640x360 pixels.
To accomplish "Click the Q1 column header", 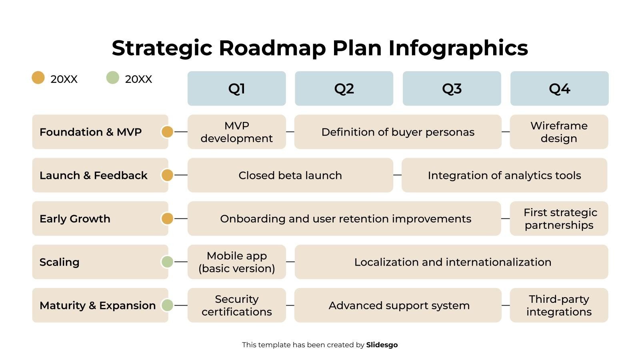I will pos(236,88).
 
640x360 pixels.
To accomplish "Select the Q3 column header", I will pos(452,88).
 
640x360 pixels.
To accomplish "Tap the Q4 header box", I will pos(559,88).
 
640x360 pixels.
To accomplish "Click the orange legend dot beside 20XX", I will pos(38,78).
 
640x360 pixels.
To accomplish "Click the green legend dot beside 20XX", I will pos(112,78).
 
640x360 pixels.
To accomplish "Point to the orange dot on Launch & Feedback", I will pos(167,175).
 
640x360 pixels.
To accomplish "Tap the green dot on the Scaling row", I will pos(167,262).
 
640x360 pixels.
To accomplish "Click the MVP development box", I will pos(236,132).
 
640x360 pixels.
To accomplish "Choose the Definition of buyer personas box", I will pos(398,132).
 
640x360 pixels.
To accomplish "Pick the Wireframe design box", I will pos(559,132).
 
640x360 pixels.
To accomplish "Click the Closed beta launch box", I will pos(290,175).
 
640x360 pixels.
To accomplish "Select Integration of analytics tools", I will pos(504,175).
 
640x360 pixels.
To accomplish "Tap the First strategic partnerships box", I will pos(559,218).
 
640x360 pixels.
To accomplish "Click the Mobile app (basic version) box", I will pos(236,262).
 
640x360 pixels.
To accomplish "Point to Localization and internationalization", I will pos(452,262).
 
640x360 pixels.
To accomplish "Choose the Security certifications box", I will pos(236,305).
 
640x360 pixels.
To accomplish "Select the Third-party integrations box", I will pos(559,305).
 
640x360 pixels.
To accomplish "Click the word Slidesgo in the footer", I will pos(382,345).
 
